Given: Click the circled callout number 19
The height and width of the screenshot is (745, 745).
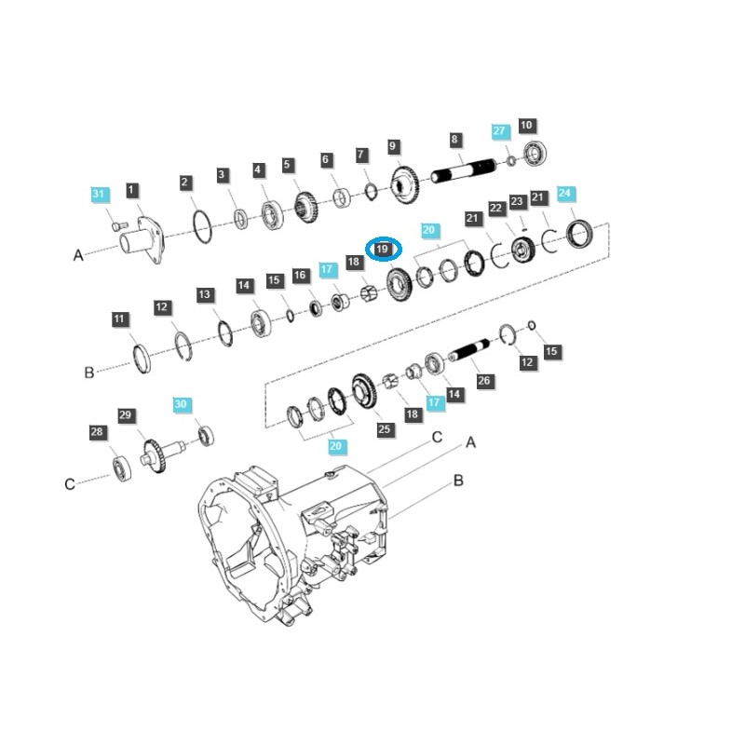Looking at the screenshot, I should (x=383, y=250).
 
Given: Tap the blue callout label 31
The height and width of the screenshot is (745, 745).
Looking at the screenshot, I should (x=100, y=194).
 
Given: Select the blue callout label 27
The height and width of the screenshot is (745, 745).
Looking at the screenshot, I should (x=499, y=132).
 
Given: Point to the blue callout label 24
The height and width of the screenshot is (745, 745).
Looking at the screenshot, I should (x=565, y=194).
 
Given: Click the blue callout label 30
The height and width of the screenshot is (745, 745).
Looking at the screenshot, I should (x=181, y=405).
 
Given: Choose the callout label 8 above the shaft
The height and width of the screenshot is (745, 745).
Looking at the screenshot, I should (x=454, y=140).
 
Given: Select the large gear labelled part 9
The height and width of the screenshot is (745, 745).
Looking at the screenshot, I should (x=405, y=183).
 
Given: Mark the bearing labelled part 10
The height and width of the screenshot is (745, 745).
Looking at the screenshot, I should (x=537, y=155).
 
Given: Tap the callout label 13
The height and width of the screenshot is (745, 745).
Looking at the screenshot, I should (x=204, y=294).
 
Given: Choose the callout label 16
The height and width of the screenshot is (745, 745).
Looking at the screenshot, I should (x=300, y=276).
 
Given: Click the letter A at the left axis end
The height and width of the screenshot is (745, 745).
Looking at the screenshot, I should (x=78, y=255).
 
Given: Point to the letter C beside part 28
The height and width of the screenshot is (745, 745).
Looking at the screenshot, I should (x=70, y=483).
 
